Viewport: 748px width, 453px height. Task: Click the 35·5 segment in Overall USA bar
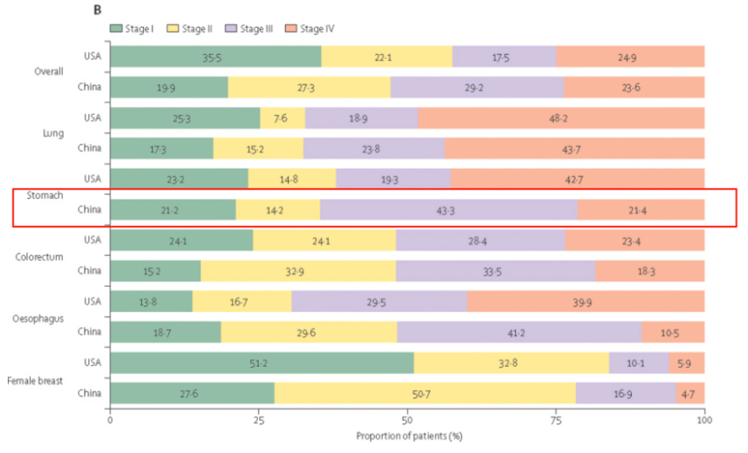(214, 57)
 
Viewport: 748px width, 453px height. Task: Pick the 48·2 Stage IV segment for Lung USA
(561, 118)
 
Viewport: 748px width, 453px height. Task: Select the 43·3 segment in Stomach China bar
(449, 210)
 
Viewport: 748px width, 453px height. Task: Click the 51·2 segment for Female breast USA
(262, 363)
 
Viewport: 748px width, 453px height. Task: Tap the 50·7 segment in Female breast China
(425, 394)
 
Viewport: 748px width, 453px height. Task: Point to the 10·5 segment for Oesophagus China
(672, 333)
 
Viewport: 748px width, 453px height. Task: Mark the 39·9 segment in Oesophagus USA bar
(586, 301)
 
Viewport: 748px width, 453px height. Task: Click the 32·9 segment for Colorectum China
(298, 271)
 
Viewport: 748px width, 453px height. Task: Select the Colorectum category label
(39, 256)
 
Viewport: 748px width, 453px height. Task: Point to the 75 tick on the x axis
(556, 420)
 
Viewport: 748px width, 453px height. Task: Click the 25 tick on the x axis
(258, 420)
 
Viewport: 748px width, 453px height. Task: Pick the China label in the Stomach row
(89, 210)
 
